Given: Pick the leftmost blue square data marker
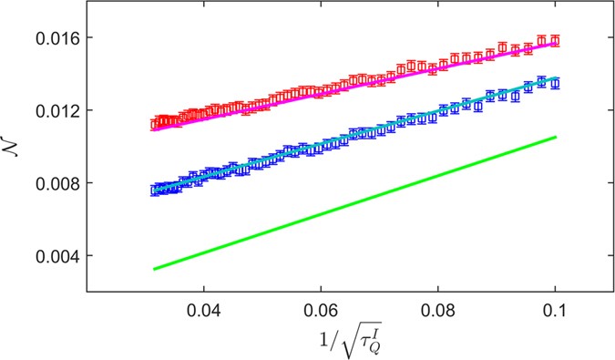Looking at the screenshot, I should click(154, 190).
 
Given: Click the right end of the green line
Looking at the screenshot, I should click(556, 137).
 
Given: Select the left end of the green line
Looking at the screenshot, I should click(154, 269).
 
